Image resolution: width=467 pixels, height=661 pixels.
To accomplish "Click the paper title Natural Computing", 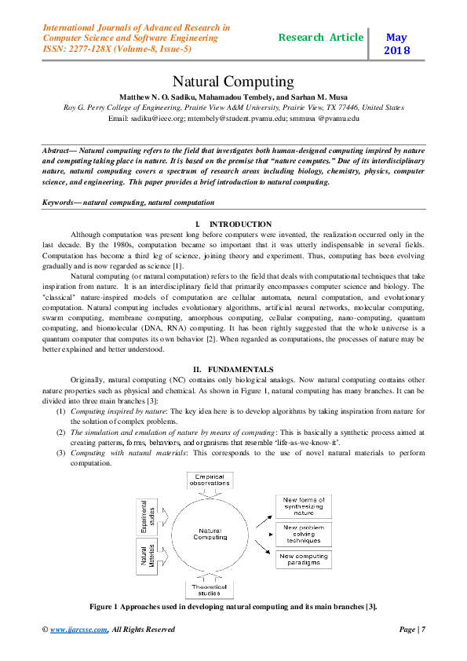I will [x=233, y=82].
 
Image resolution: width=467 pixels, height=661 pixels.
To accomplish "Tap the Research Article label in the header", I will [x=321, y=37].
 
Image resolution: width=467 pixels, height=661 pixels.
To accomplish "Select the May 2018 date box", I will [x=396, y=43].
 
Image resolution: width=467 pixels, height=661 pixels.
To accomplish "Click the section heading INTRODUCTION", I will [x=240, y=225].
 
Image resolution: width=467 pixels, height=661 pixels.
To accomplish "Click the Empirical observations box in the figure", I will [x=210, y=480].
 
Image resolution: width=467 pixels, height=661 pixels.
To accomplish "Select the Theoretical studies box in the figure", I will [x=210, y=590].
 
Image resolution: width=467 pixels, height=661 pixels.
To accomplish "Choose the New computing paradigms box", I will [x=303, y=559].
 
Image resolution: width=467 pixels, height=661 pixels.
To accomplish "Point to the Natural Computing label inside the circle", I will [x=210, y=534].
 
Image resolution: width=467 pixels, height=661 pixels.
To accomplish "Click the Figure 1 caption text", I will [x=233, y=607].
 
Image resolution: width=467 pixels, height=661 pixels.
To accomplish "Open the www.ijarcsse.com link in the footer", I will [x=75, y=630].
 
